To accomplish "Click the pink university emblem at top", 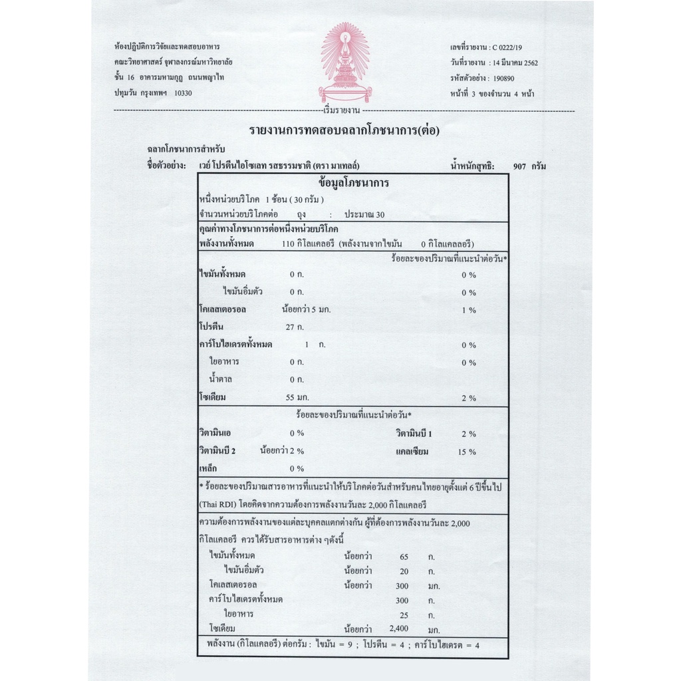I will pos(344,63).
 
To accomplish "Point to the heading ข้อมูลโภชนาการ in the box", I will pos(354,183).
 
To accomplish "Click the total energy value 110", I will pos(288,243).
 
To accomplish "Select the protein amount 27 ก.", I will pos(295,327).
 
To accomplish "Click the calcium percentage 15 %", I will pos(468,452).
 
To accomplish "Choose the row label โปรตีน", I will pos(211,327).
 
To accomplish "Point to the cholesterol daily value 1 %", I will pos(469,310).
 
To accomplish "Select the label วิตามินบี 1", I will pos(414,434).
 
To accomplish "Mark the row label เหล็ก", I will pos(208,468).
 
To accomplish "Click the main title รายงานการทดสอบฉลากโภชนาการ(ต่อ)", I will pos(344,130).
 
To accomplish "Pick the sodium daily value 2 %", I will pos(469,398).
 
